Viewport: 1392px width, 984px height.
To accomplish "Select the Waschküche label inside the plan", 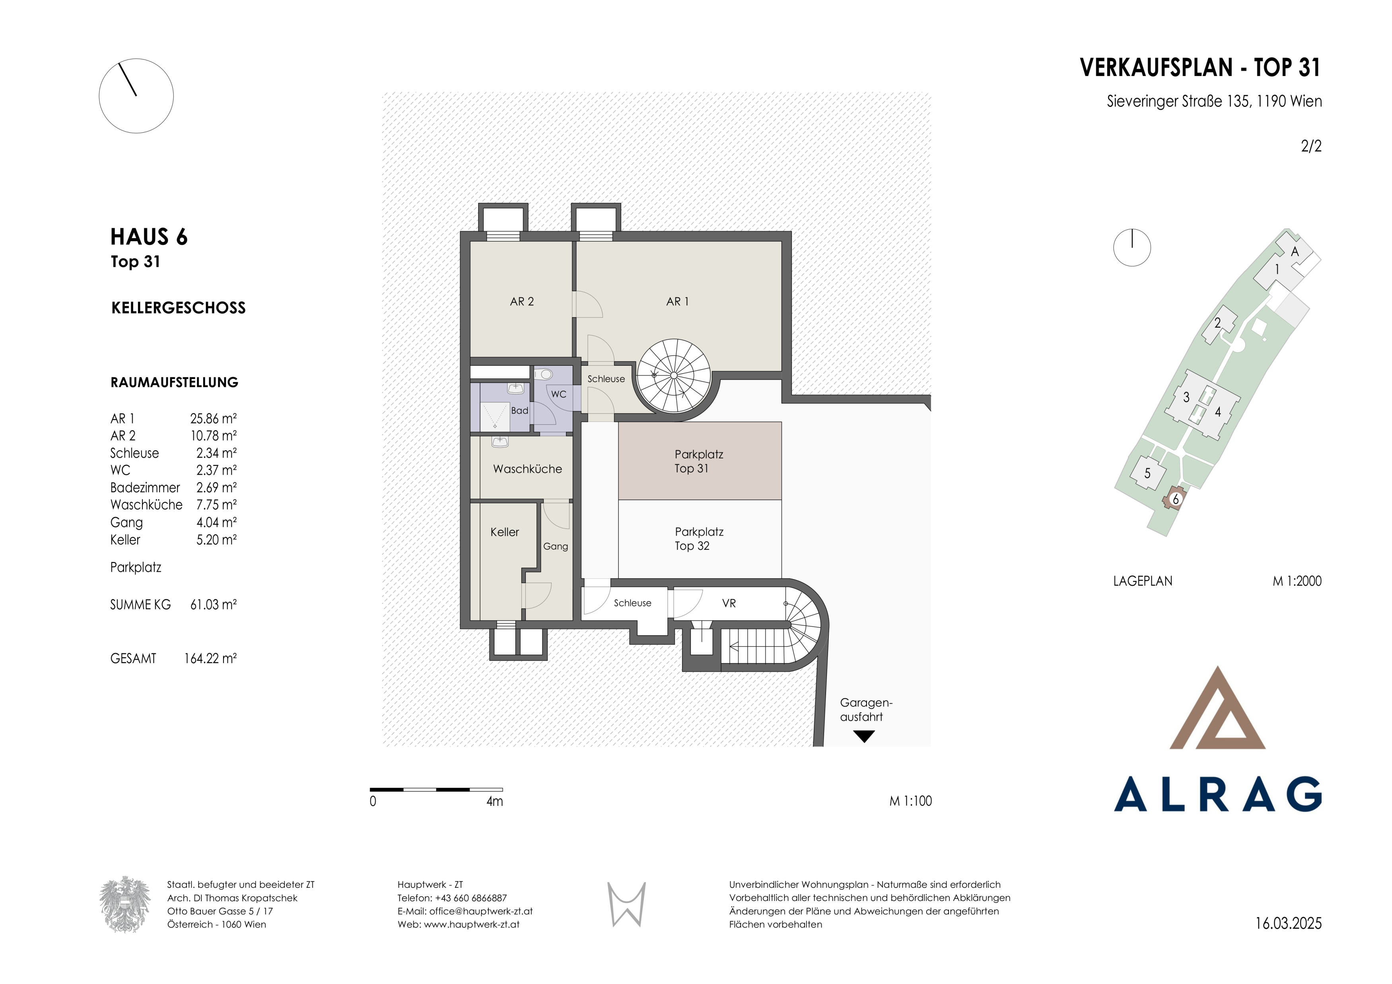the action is click(527, 469).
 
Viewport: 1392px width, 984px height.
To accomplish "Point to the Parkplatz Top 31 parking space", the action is click(700, 461).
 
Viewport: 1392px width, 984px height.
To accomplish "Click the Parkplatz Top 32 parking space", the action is click(700, 539).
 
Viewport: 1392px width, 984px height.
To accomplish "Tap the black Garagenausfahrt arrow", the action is click(864, 737).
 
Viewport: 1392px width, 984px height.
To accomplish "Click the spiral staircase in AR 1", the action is click(674, 376).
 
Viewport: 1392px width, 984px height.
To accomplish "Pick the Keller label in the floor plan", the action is click(504, 532).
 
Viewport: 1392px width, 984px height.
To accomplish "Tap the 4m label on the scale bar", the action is click(495, 801).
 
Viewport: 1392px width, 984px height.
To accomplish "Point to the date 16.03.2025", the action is click(1288, 924).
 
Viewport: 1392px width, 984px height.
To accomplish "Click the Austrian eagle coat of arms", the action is click(125, 904).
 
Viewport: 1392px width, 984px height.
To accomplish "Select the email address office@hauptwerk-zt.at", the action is click(481, 911).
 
